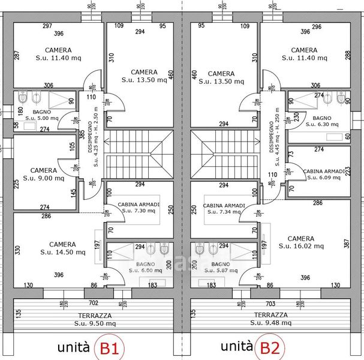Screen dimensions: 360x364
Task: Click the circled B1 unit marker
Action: point(112,347)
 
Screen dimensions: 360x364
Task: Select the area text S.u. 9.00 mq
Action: point(43,178)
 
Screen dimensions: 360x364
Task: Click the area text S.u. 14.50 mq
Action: point(62,253)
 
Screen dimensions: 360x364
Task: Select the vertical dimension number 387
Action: point(346,245)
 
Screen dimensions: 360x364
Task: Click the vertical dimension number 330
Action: point(17,249)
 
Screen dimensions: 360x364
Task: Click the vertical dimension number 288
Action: point(347,55)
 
